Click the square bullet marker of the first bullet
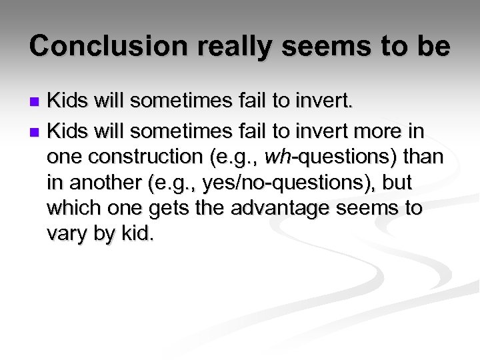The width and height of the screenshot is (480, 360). pyautogui.click(x=37, y=103)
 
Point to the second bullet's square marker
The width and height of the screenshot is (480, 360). pyautogui.click(x=37, y=130)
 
